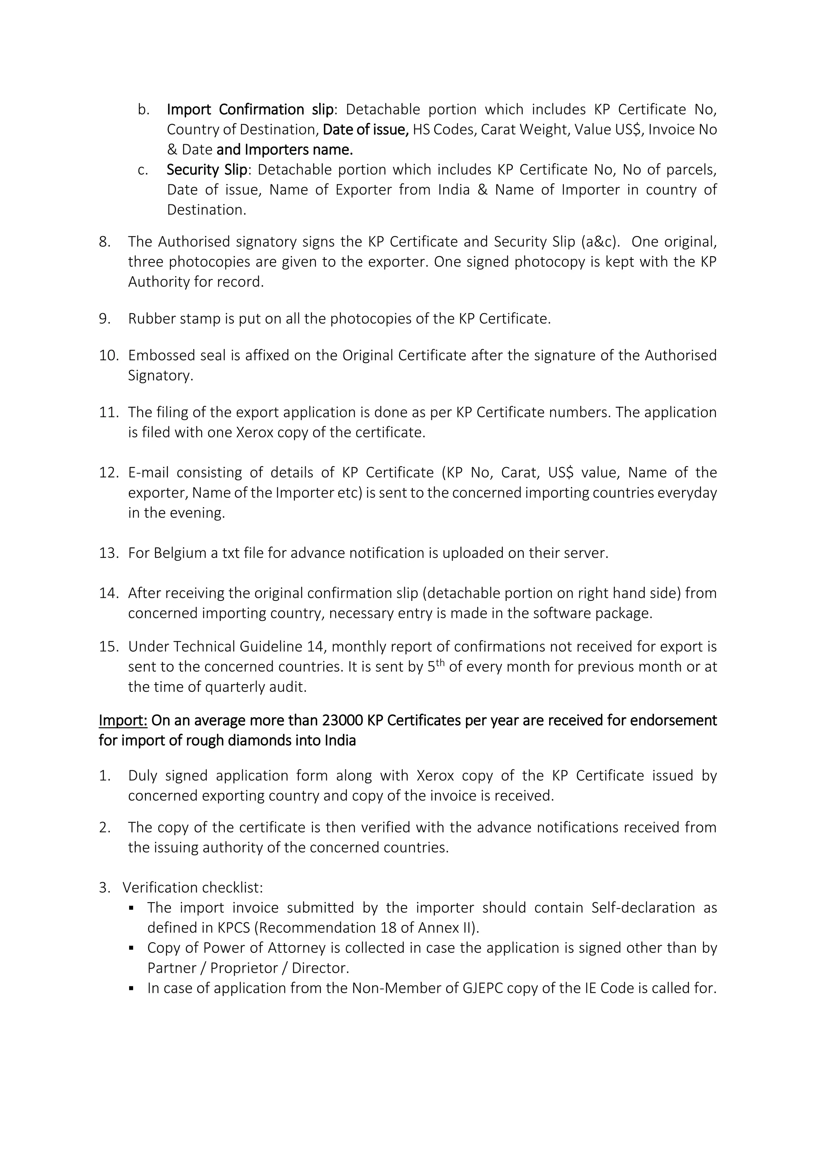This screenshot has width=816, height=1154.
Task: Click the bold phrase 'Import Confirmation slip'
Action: click(250, 110)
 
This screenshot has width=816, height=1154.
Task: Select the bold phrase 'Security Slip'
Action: click(206, 170)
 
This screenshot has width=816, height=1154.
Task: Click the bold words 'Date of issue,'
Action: click(365, 130)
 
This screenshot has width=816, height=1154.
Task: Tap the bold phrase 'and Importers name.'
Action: click(284, 150)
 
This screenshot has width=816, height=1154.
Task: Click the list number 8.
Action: click(104, 242)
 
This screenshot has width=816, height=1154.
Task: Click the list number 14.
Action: click(108, 593)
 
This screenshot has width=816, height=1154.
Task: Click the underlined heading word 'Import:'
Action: click(123, 720)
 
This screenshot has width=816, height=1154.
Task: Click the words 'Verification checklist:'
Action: click(192, 887)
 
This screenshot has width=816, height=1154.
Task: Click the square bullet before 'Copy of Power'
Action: click(131, 948)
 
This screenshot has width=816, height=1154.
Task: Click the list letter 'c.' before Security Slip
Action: click(143, 170)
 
